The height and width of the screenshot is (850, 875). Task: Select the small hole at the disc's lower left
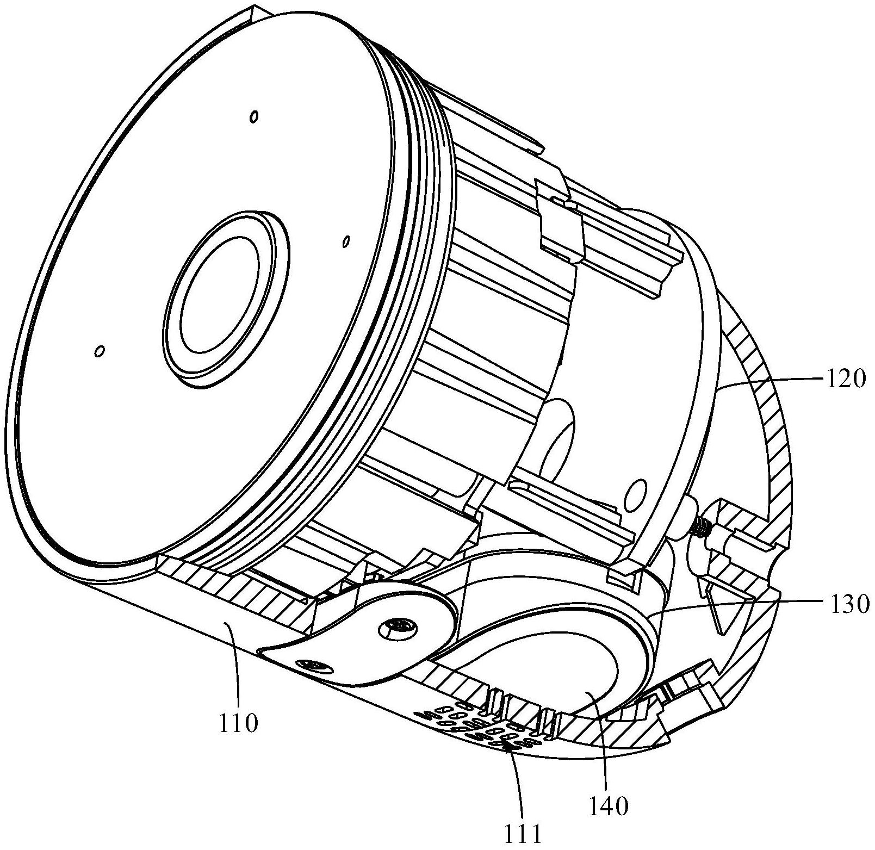point(99,351)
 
